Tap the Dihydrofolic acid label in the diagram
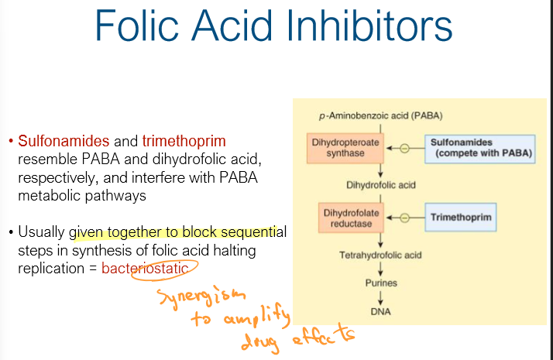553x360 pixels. [381, 184]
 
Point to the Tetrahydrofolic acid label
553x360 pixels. [381, 255]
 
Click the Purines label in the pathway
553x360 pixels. [381, 283]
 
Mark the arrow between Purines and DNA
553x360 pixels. [381, 297]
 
